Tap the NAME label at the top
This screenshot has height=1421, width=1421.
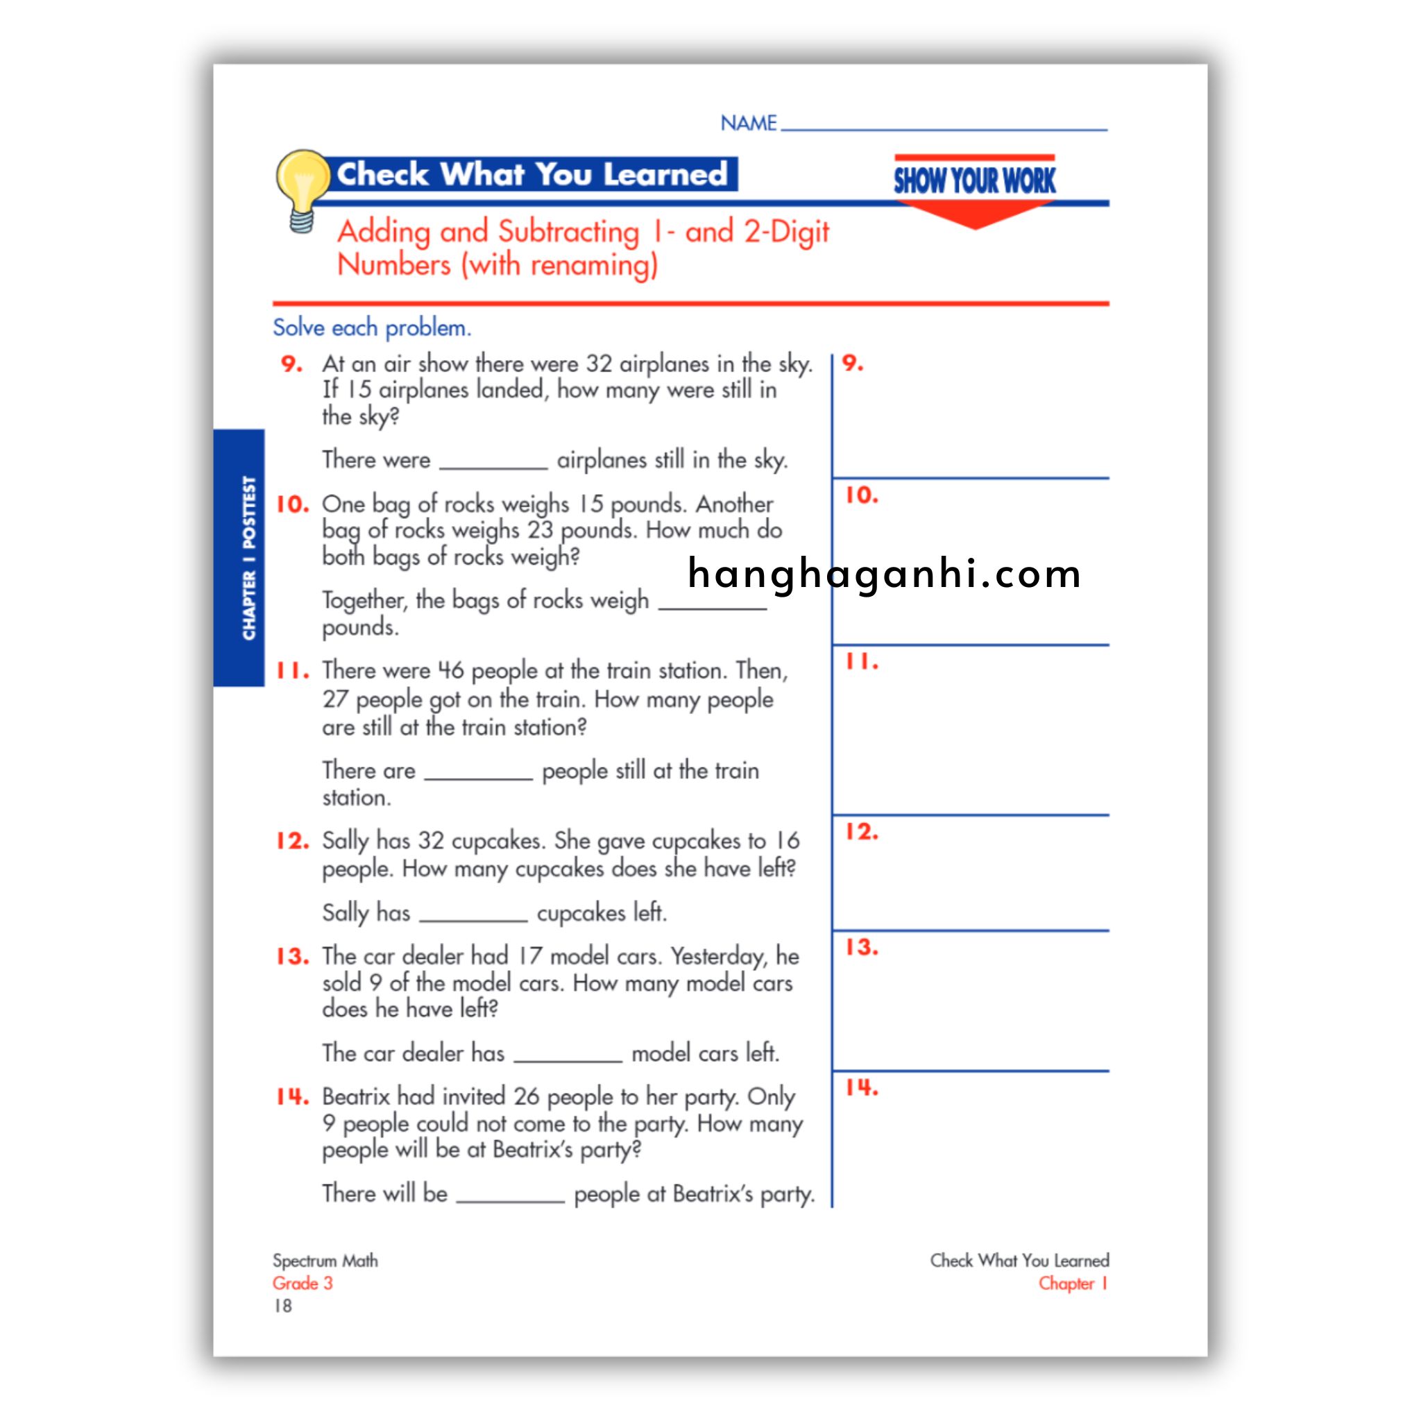click(748, 123)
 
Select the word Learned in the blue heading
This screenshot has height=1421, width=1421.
click(665, 174)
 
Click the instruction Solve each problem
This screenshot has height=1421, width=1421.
click(371, 327)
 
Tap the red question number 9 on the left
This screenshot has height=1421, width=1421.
click(291, 364)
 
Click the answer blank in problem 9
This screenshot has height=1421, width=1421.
click(493, 462)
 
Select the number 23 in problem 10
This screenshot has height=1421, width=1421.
click(540, 530)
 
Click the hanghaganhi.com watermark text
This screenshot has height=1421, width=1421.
click(883, 574)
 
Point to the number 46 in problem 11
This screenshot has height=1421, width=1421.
click(451, 671)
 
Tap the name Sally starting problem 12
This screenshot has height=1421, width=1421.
click(345, 841)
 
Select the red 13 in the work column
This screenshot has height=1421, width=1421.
click(860, 947)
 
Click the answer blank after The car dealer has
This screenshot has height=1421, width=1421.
click(568, 1055)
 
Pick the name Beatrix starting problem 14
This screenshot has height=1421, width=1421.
click(356, 1097)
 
